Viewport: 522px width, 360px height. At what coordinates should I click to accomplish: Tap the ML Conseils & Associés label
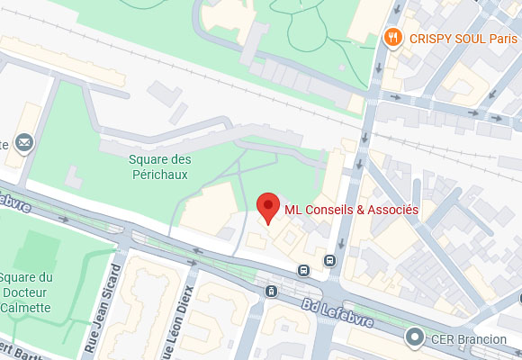(351, 210)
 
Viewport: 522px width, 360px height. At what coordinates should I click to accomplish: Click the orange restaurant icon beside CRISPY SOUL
(392, 38)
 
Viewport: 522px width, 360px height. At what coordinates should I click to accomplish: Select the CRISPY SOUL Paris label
(463, 39)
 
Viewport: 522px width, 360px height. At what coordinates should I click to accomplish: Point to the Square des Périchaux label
(159, 166)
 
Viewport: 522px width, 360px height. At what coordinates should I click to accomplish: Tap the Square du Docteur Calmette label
(27, 292)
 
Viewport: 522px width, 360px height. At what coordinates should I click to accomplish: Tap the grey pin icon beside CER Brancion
(415, 338)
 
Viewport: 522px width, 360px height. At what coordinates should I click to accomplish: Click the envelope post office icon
(22, 142)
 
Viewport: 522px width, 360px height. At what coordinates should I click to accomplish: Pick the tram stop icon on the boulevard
(271, 292)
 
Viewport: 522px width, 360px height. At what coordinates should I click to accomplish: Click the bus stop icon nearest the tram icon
(304, 270)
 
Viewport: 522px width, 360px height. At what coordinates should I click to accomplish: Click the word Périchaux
(159, 175)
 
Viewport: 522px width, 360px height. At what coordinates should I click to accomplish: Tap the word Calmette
(27, 307)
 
